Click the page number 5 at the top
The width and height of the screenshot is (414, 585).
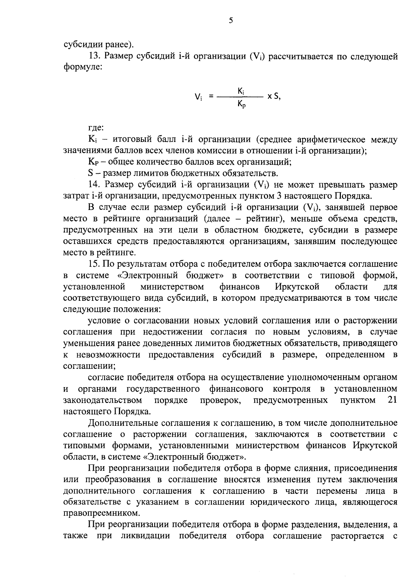(x=230, y=21)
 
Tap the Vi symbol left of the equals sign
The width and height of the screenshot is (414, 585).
(x=198, y=97)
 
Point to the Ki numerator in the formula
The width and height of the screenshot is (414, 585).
(x=241, y=90)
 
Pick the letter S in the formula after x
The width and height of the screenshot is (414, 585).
(x=276, y=97)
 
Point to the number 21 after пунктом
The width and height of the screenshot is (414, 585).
(x=392, y=400)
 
